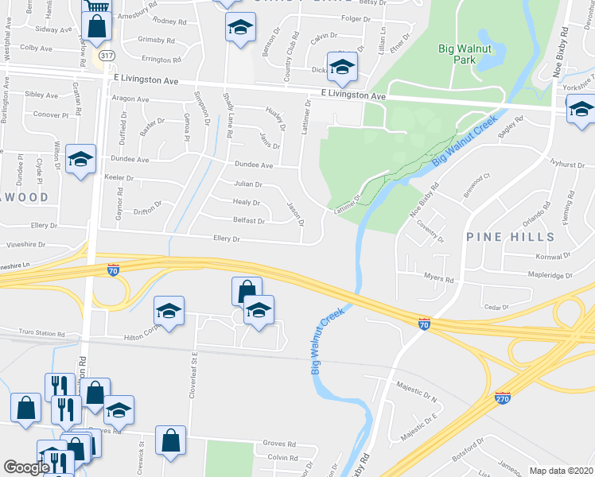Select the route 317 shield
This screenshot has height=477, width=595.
point(106,56)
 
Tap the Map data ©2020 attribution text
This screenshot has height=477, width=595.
point(561,471)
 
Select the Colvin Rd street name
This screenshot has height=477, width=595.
point(282,457)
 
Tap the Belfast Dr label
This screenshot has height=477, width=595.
point(249,220)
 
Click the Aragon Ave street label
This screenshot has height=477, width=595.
point(130,99)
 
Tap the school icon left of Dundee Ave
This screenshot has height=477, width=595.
point(81,159)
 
